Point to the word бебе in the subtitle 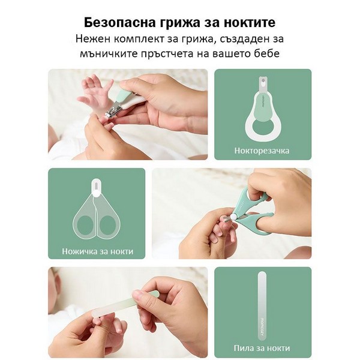268,53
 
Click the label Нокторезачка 262,151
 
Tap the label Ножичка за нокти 98,251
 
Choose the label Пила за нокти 262,348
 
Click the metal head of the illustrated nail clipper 263,84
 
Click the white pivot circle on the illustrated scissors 95,194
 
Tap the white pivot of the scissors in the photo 234,217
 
